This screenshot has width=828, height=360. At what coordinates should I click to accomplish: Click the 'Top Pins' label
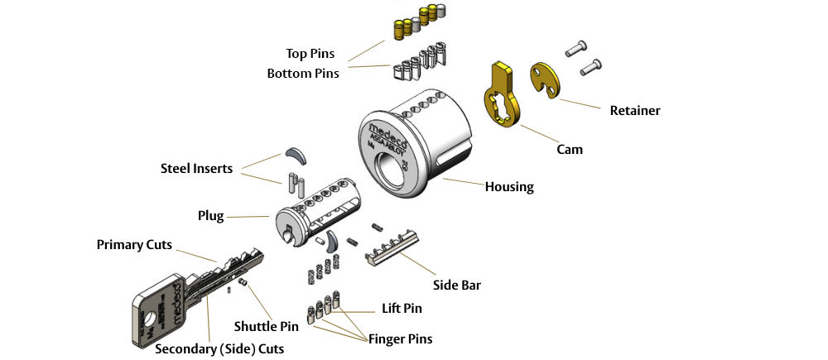[x=310, y=54]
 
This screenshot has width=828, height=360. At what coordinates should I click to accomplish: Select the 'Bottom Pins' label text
[x=303, y=74]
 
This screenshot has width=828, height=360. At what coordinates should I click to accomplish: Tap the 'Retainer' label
[x=634, y=110]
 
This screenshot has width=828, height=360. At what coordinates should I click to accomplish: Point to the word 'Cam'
[x=570, y=150]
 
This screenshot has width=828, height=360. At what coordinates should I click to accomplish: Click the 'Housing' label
[x=509, y=187]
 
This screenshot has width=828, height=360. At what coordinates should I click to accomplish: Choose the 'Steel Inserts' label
[x=196, y=169]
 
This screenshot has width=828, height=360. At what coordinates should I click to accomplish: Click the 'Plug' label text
[x=210, y=216]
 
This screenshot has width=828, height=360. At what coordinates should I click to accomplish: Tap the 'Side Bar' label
[x=457, y=286]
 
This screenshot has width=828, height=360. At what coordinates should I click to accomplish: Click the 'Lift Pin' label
[x=401, y=309]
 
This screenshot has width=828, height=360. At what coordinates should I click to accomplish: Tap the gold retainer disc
[x=545, y=81]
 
